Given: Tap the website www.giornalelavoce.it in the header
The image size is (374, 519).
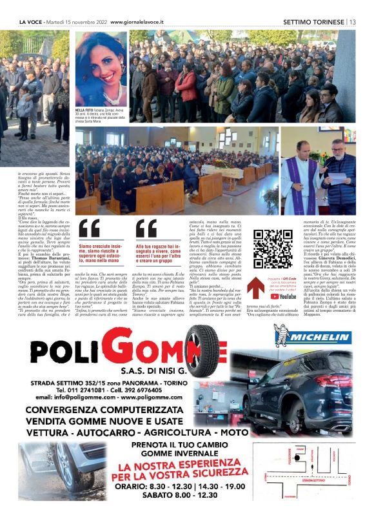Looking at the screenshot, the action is pyautogui.click(x=137, y=21).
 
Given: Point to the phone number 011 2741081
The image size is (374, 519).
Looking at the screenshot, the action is pyautogui.click(x=86, y=390).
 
